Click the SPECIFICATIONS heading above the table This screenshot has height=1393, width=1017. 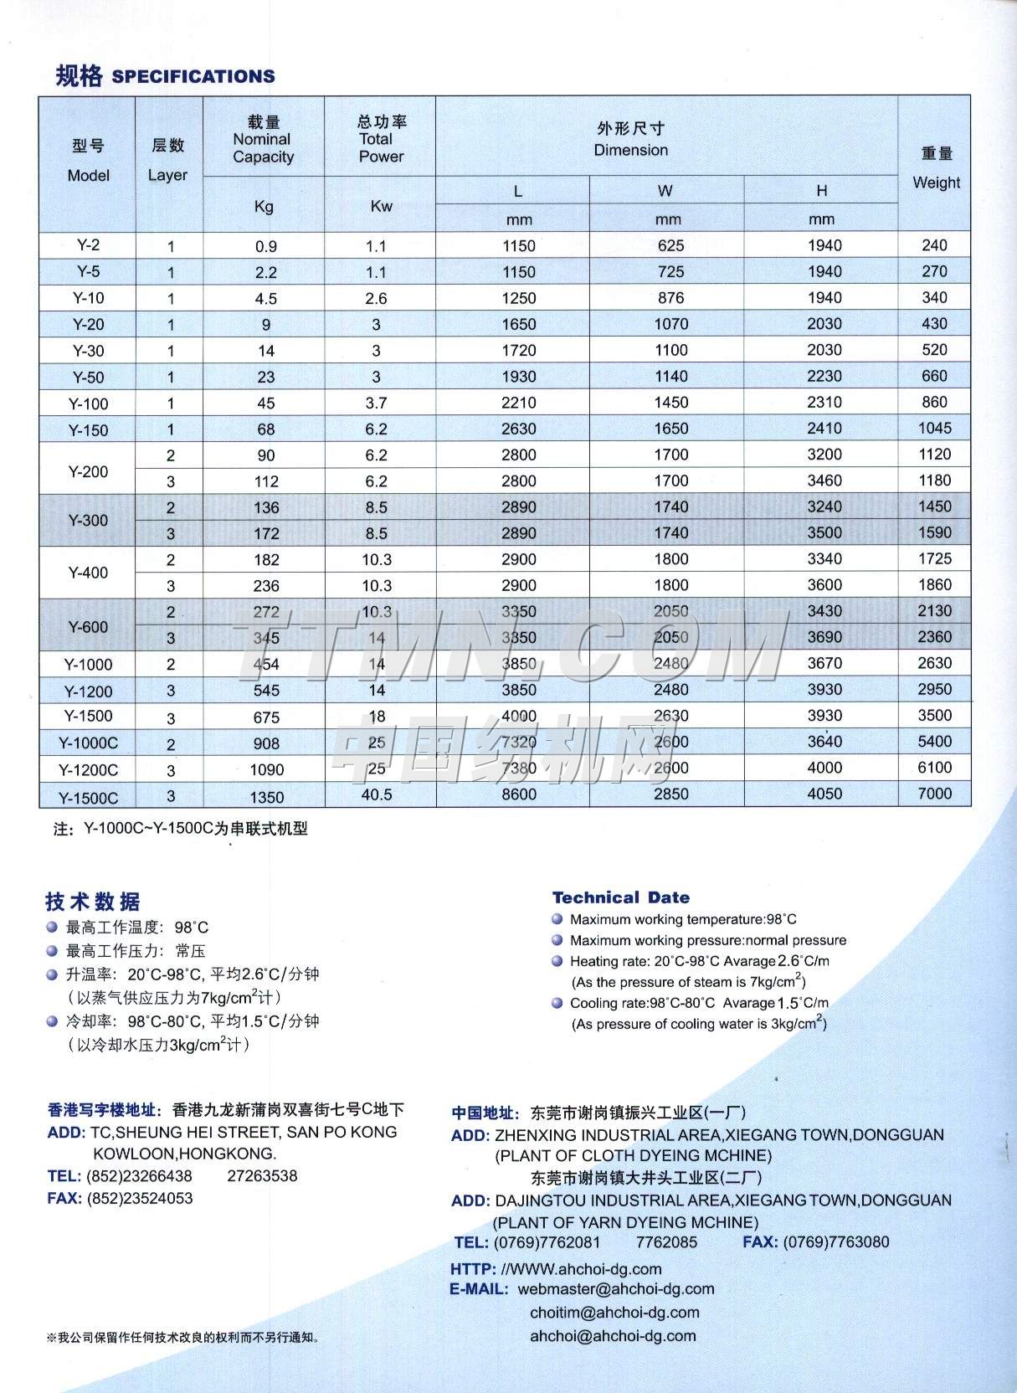(x=193, y=76)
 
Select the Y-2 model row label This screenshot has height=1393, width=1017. (x=88, y=245)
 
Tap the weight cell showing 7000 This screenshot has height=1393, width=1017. (x=934, y=793)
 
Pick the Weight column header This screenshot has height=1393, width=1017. (x=936, y=182)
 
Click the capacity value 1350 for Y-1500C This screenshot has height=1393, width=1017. (x=265, y=797)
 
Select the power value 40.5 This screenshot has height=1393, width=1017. (x=377, y=794)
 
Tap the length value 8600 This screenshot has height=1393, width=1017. (x=519, y=794)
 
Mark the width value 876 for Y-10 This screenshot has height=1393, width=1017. (x=670, y=298)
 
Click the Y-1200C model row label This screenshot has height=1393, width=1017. (x=88, y=769)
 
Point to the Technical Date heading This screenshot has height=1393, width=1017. (x=620, y=897)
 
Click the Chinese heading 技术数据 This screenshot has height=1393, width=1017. (x=93, y=902)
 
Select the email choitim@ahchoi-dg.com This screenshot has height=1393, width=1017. (x=614, y=1312)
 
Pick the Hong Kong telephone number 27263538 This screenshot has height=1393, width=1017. (x=262, y=1175)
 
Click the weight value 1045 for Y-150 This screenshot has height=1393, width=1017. (x=934, y=429)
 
